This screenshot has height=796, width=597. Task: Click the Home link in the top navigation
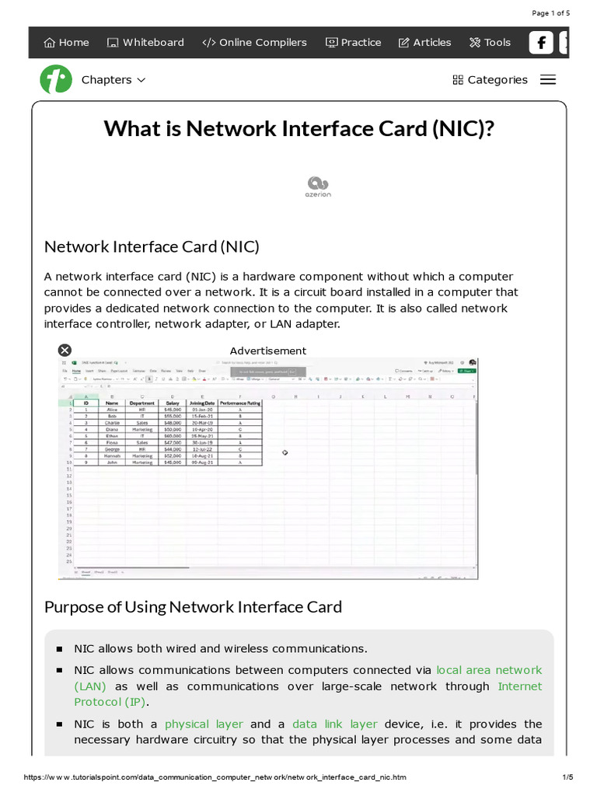[67, 43]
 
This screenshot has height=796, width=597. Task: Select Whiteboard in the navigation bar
[145, 43]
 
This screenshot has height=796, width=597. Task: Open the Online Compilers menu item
[254, 43]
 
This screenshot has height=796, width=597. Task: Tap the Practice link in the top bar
[353, 43]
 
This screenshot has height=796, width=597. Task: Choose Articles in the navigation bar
[424, 43]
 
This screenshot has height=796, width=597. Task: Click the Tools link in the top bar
[490, 43]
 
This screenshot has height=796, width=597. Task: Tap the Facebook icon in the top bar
[541, 43]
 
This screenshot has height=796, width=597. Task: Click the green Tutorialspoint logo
[56, 80]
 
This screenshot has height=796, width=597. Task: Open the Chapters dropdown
[113, 80]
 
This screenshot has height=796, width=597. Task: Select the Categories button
[490, 80]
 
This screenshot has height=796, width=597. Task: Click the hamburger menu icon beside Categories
[548, 80]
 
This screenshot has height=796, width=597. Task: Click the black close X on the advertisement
[65, 351]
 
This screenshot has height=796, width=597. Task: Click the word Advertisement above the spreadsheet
[268, 351]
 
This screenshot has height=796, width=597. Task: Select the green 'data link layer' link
[335, 724]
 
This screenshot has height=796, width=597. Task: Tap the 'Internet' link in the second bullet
[520, 686]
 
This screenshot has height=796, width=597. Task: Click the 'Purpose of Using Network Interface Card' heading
[193, 606]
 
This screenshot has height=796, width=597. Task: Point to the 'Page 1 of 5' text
[550, 13]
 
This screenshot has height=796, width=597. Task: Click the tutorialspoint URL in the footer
[215, 777]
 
